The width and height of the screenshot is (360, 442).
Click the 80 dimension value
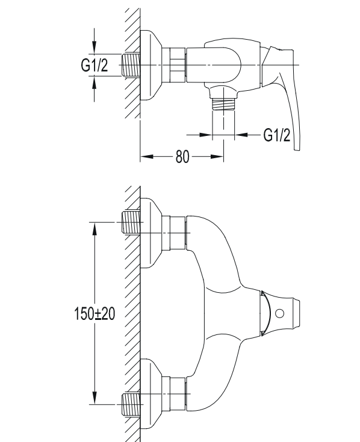coord(182,156)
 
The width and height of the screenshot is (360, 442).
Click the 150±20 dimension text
coord(95,313)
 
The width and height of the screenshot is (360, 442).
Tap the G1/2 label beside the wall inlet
coord(95,66)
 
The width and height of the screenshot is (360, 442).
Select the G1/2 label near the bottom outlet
coord(276,135)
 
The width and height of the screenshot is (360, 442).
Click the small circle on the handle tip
coord(279,313)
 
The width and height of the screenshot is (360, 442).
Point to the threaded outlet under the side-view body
coord(223,104)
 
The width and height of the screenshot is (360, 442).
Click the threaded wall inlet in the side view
coord(131,65)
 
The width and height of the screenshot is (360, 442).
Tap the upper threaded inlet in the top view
coord(131,222)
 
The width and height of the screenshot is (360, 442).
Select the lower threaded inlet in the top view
coord(131,404)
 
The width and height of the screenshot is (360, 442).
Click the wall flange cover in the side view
coord(151,65)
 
